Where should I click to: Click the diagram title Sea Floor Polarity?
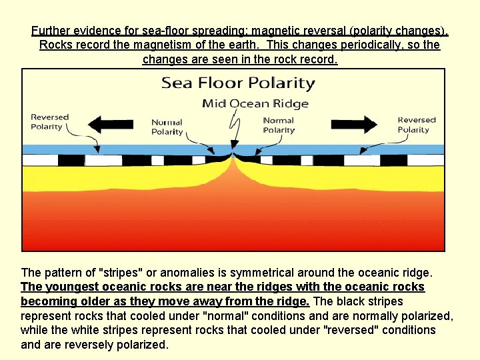(x=238, y=83)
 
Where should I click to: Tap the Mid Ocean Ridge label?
(x=255, y=103)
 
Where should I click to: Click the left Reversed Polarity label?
(x=49, y=122)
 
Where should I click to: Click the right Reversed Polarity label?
(x=416, y=125)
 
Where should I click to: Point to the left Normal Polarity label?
(x=167, y=127)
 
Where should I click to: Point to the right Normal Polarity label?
(x=279, y=125)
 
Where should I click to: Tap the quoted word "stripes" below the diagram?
(x=121, y=273)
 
